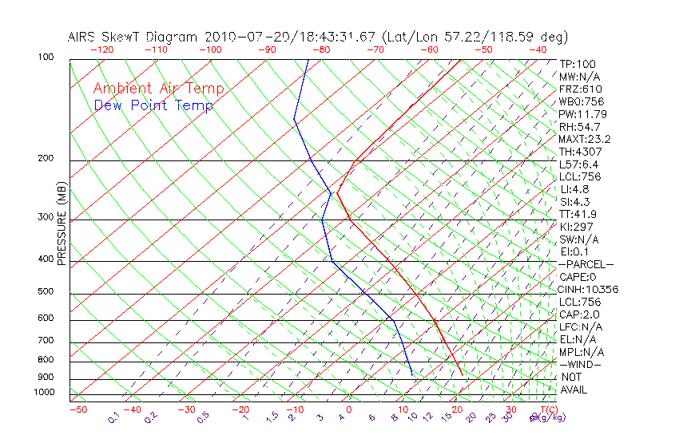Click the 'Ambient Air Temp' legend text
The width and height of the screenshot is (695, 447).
point(158,89)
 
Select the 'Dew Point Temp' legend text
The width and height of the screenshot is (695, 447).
point(153,106)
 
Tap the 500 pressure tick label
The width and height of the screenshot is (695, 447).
point(46,292)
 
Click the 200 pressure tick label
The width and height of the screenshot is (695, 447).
point(46,159)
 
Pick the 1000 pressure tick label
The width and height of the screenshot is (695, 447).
point(43,393)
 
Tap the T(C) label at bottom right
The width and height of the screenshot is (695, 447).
point(543,410)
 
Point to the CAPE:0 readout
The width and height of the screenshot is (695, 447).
point(578,277)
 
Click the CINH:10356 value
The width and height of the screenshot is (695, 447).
point(589,290)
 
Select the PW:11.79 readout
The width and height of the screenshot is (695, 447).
point(581,114)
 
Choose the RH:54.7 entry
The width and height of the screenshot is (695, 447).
point(580,127)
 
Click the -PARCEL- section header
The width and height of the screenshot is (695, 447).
point(586,264)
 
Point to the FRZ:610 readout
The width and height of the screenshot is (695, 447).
point(581,89)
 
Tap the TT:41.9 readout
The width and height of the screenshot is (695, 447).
point(578,215)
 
